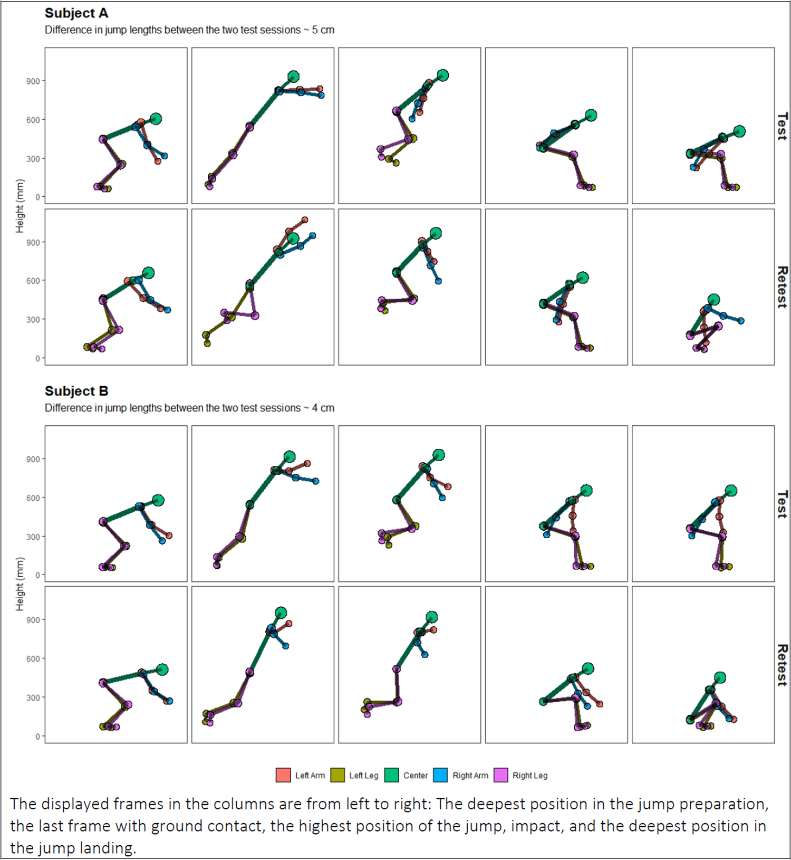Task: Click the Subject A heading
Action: [76, 13]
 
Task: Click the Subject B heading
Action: [76, 391]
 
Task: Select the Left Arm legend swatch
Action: [283, 775]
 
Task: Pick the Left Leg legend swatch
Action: [337, 775]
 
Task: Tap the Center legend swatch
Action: [391, 775]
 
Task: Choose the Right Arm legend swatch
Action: [440, 775]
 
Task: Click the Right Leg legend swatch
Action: [500, 775]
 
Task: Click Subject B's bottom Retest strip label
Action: [783, 665]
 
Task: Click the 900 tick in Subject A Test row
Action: [33, 81]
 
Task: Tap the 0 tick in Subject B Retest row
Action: [37, 736]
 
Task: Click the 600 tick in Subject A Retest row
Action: [33, 281]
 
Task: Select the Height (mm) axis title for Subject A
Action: [20, 206]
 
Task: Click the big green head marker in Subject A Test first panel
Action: [156, 119]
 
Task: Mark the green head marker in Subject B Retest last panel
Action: [720, 677]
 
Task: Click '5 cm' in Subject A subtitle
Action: [323, 30]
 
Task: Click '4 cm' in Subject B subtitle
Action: [323, 408]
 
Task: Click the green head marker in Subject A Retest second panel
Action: [293, 239]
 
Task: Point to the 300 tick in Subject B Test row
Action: [33, 537]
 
